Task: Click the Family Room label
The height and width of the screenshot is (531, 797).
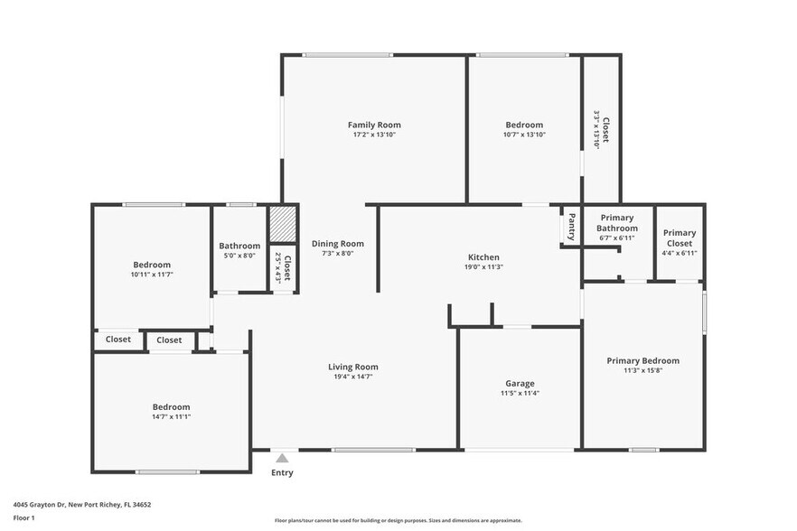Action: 374,125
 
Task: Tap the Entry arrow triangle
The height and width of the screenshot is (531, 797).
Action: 282,459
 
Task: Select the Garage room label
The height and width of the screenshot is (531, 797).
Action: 520,383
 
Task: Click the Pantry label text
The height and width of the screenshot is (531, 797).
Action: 571,228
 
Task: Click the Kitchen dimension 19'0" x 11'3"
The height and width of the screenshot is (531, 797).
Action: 483,267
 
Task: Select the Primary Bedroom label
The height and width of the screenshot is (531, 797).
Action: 642,360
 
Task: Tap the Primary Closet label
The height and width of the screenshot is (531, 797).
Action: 680,238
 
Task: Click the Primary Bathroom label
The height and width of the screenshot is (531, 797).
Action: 616,223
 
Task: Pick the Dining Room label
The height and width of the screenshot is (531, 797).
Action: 337,243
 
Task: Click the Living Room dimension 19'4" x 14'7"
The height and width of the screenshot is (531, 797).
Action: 352,377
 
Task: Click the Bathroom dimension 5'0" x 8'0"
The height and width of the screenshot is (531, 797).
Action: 239,256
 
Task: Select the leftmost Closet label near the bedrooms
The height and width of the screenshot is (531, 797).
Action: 118,340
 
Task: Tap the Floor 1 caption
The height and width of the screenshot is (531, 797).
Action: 23,517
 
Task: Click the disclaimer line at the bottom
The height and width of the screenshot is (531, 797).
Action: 398,521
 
